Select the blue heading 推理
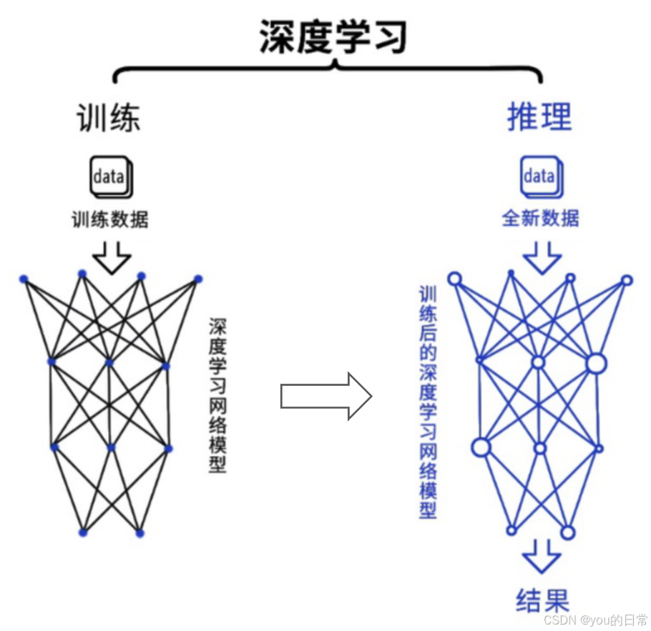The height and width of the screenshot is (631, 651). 539,116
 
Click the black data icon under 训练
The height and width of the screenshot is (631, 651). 110,176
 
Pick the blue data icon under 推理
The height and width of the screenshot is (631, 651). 541,176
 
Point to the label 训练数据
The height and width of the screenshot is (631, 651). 110,218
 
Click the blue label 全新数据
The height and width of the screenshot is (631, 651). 541,218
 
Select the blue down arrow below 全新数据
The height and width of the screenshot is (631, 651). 542,257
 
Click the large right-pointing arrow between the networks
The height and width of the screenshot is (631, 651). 325,395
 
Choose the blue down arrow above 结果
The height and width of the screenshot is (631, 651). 542,556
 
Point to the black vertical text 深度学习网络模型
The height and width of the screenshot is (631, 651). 217,395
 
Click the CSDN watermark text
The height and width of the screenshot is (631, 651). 594,619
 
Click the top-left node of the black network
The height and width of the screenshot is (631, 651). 23,279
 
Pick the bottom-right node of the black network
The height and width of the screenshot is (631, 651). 140,533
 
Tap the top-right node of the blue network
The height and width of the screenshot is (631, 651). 627,280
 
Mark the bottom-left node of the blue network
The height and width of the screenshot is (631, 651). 511,530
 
